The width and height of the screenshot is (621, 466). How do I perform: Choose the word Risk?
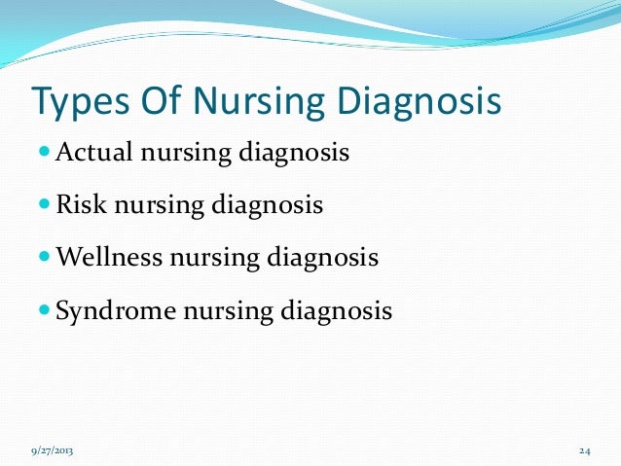pos(78,206)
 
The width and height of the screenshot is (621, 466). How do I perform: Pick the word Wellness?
pos(110,259)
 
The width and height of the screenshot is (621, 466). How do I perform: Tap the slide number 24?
pos(584,451)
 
